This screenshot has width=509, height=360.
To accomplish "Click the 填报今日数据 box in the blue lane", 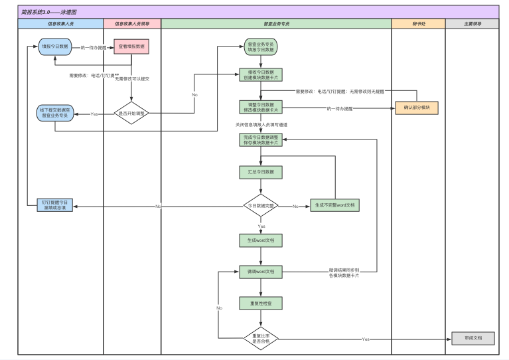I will [x=55, y=47].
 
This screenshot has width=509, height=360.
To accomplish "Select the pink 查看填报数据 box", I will [x=131, y=47].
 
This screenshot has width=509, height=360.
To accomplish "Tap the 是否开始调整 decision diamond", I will [x=131, y=114].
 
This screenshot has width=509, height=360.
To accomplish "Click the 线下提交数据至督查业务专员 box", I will [x=55, y=114].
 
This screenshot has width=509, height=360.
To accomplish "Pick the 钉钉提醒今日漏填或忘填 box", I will [x=55, y=205].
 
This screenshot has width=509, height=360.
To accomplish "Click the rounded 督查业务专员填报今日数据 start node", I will [x=260, y=47].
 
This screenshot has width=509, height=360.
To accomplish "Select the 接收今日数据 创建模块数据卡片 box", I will [x=260, y=74].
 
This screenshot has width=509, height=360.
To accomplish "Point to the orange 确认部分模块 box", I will [x=417, y=108].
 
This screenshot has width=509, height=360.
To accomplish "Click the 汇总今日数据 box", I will [x=260, y=173].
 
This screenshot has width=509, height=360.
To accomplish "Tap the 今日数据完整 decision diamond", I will [x=260, y=206].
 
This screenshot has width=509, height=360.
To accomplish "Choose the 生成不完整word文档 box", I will [x=334, y=206].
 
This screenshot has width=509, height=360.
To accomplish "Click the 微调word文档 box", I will [x=260, y=272].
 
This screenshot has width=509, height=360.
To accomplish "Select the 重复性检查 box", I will [x=260, y=304].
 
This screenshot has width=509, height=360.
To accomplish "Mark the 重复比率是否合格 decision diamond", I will [x=260, y=338].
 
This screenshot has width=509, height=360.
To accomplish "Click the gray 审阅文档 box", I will [x=473, y=338].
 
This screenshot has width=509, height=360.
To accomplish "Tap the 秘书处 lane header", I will [x=417, y=23].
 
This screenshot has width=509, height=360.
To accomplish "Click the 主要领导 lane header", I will [x=472, y=23].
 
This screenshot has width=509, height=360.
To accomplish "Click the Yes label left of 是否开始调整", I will [x=94, y=114].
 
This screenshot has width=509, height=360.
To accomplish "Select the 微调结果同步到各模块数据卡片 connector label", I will [x=344, y=272].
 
